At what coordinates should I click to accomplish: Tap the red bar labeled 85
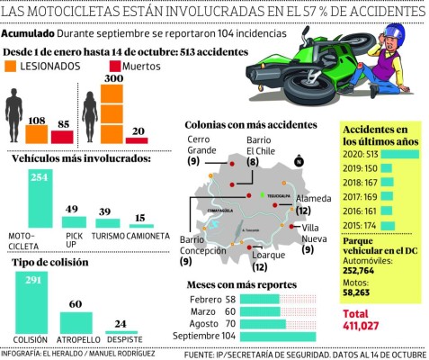62,137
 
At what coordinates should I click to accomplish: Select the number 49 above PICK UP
73,210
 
